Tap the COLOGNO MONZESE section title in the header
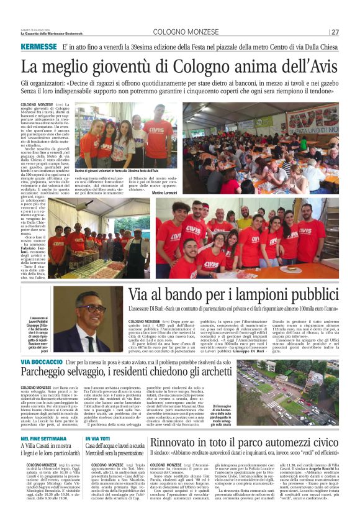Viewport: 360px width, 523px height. click(180, 32)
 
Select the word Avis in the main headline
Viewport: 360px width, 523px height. click(320, 65)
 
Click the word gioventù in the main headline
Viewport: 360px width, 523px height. click(135, 66)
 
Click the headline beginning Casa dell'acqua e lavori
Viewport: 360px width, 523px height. click(114, 448)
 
